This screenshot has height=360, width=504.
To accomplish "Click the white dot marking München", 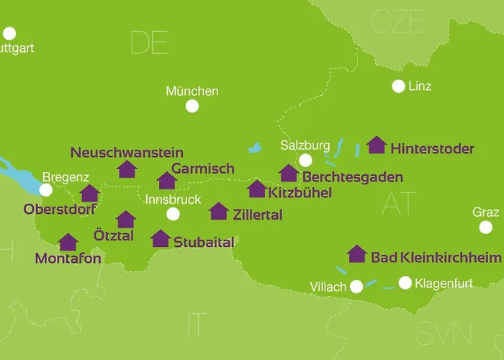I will [192, 107].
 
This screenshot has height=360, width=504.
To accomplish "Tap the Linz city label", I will [420, 86].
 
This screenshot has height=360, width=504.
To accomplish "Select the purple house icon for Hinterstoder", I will [376, 145].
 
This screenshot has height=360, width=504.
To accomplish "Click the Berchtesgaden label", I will [352, 176].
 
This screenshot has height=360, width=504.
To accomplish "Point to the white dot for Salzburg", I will [306, 160].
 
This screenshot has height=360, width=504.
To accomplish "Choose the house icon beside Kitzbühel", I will [257, 189].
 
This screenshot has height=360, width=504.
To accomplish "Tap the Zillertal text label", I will [258, 215].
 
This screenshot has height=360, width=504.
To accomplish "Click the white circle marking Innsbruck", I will [173, 214].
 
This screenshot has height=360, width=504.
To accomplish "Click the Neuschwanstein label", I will [127, 153].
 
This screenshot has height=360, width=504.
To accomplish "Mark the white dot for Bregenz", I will [46, 190].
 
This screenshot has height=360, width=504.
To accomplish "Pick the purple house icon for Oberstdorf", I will [90, 193].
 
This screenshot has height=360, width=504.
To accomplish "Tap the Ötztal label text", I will [114, 235].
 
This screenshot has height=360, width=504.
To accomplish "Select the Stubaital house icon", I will [161, 238].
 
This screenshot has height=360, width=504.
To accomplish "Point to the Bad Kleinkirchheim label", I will [435, 257].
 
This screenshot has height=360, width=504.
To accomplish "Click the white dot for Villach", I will [356, 287].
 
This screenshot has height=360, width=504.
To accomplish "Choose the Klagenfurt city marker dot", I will [405, 283].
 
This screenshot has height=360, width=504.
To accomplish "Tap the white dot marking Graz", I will [487, 228].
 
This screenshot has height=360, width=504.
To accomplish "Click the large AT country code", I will [400, 204].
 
